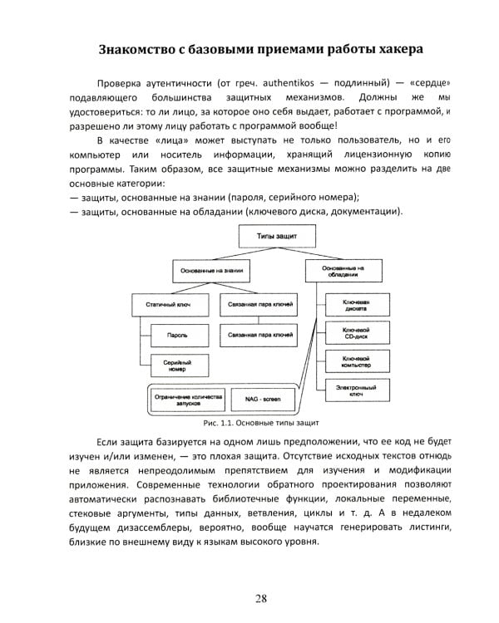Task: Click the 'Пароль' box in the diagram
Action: pyautogui.click(x=175, y=335)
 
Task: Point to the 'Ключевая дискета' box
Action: pyautogui.click(x=355, y=304)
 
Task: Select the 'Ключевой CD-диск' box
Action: pyautogui.click(x=355, y=333)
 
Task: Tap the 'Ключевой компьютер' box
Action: pyautogui.click(x=355, y=361)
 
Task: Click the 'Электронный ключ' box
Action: pyautogui.click(x=355, y=390)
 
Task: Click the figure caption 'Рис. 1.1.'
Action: pyautogui.click(x=210, y=423)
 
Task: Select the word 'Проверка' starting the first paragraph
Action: pyautogui.click(x=122, y=84)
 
